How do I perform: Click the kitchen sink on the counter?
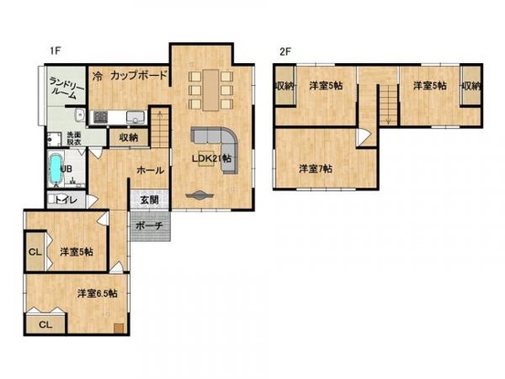coord(134,116)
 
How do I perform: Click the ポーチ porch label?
coord(150,226)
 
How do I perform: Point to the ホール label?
coord(150,170)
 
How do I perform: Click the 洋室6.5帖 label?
coord(102,293)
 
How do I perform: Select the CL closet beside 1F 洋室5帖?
coord(34,252)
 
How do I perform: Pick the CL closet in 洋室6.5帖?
coord(45,321)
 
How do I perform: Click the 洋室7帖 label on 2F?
coord(316,168)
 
